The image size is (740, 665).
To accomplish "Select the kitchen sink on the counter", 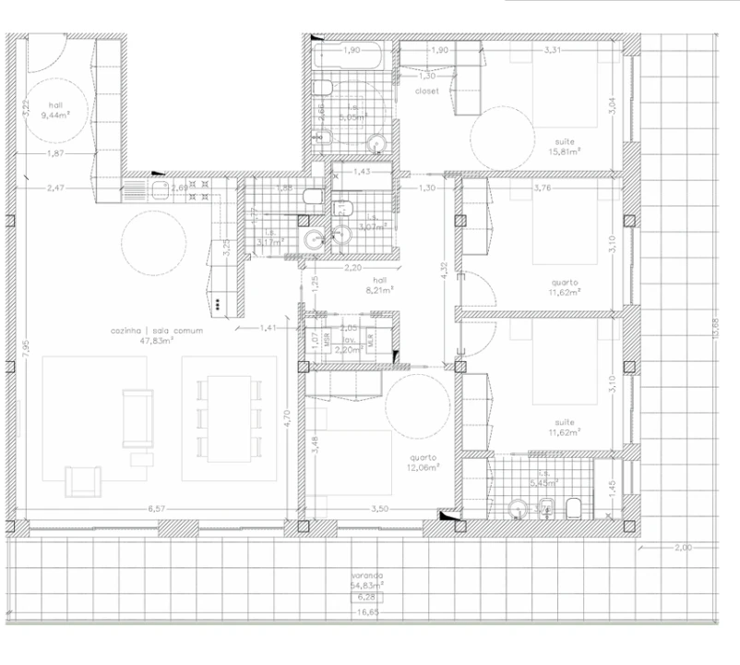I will point(159,188).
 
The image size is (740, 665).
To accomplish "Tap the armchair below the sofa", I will point(83,481).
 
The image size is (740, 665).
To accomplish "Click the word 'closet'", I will point(426,91).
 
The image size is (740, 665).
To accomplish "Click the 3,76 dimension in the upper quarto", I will point(543,188).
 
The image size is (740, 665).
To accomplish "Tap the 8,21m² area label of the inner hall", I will point(378,288).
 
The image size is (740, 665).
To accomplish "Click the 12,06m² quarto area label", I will point(424,466).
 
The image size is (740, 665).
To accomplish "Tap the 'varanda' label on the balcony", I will point(369,574).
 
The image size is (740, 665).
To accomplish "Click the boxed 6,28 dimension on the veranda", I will point(369,597).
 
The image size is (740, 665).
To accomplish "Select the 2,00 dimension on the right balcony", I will point(682,548).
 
